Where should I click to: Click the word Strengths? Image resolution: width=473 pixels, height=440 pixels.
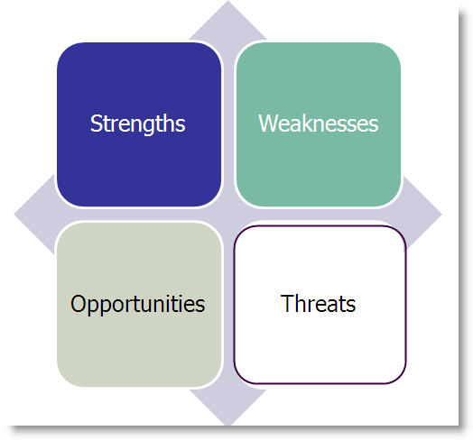138,124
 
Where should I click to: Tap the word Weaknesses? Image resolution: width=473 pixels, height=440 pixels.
318,124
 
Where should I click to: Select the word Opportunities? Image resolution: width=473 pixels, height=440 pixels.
138,304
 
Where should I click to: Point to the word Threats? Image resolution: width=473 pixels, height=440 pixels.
319,304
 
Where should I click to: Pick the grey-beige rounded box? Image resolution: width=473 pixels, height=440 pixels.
138,347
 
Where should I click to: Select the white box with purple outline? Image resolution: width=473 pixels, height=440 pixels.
319,347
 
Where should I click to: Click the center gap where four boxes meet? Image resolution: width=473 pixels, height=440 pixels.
228,215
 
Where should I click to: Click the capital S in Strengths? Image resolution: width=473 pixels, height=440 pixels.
96,124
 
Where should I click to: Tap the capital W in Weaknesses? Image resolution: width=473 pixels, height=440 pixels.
267,124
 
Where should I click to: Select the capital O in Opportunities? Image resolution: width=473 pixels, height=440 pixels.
78,304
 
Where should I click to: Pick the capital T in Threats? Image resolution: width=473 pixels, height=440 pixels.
287,304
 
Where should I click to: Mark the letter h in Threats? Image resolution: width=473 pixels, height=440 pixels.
299,304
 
